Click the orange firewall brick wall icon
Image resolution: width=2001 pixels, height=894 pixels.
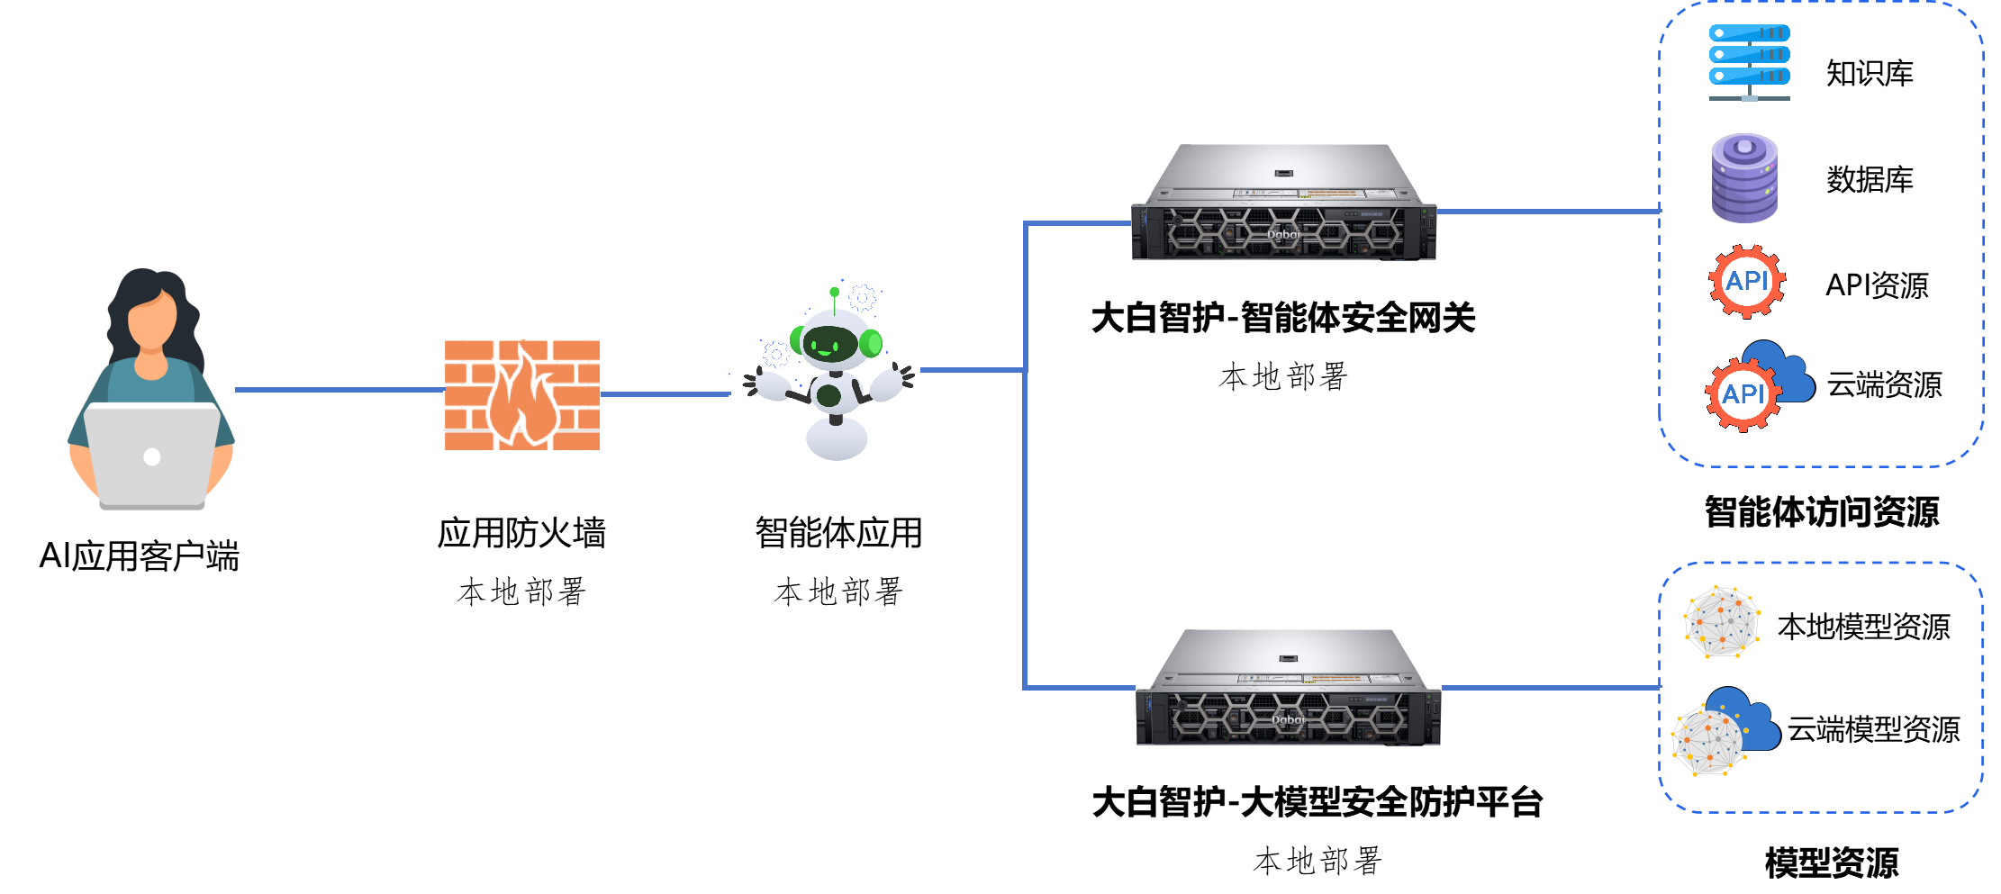tap(522, 394)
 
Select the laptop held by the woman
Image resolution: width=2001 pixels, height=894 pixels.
tap(151, 456)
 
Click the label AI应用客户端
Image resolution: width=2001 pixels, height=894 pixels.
tap(140, 555)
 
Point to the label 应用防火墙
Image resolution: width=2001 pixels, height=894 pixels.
tap(522, 533)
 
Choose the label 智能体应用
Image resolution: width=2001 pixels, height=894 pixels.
tap(838, 533)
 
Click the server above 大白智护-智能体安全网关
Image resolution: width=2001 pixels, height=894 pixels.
tap(1283, 203)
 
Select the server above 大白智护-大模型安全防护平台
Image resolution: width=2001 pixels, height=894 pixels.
tap(1288, 687)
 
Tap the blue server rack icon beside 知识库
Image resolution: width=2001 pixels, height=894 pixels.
tap(1749, 62)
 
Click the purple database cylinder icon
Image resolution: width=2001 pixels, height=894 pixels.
tap(1744, 177)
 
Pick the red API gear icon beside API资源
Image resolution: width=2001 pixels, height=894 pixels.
tap(1747, 281)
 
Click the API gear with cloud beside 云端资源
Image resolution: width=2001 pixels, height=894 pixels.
tap(1759, 385)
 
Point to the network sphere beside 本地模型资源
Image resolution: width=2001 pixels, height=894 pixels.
tap(1722, 621)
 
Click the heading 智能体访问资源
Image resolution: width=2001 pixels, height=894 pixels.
tap(1821, 511)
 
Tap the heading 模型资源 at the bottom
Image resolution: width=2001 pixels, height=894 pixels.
tap(1831, 862)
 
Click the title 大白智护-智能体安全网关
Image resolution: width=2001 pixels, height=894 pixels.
tap(1283, 318)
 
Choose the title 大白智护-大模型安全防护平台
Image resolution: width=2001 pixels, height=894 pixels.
tap(1317, 801)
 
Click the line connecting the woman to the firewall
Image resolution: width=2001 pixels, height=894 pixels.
tap(340, 390)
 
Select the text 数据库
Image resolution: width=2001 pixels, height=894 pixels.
tap(1870, 179)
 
